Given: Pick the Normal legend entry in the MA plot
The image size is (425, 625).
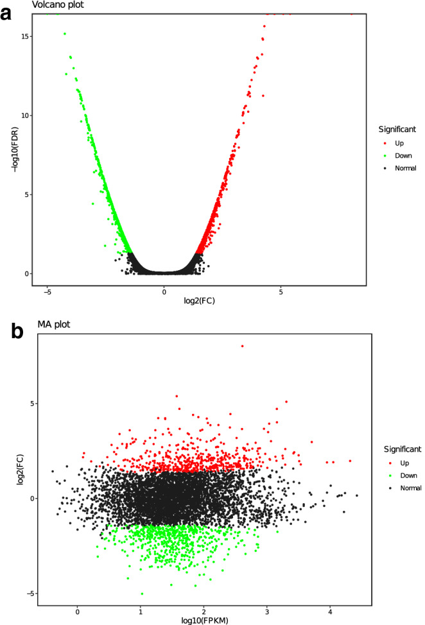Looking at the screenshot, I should [x=410, y=488].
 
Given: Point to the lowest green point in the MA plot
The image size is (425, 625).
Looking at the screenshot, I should [x=142, y=594].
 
